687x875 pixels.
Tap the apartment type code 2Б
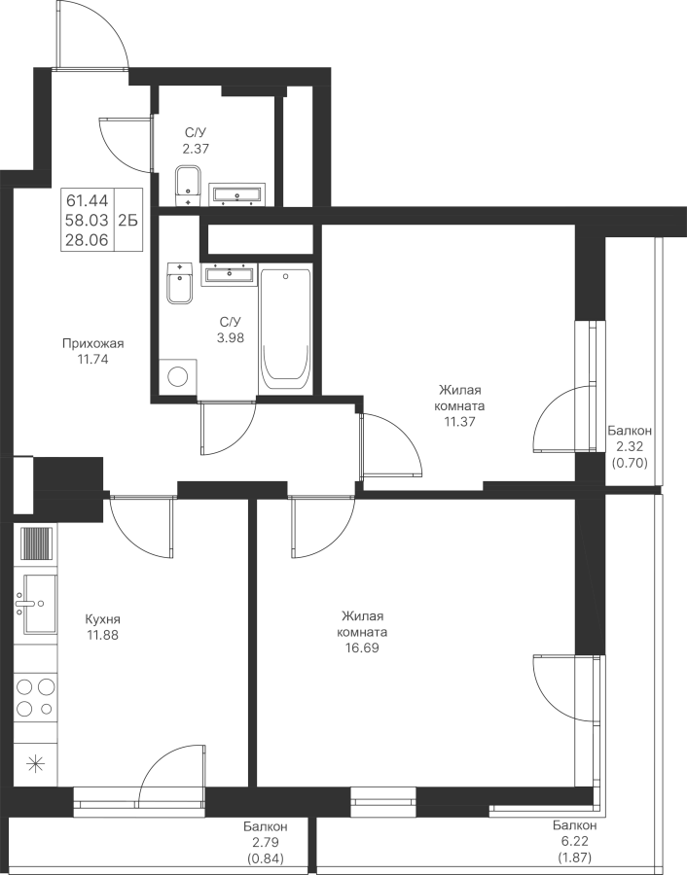[x=127, y=220]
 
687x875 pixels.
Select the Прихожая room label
[x=92, y=343]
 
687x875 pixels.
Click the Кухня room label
[x=102, y=619]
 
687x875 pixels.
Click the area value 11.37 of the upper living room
[x=458, y=423]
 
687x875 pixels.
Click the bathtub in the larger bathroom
[x=285, y=329]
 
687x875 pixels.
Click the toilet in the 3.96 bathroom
[x=179, y=283]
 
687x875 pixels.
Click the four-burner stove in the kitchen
[x=36, y=698]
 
